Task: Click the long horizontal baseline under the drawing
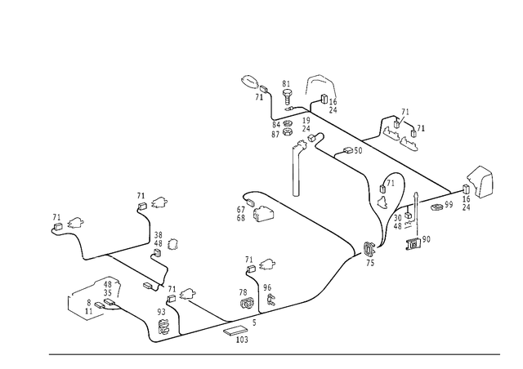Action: click(x=270, y=354)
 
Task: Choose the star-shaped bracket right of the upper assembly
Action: click(x=398, y=129)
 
